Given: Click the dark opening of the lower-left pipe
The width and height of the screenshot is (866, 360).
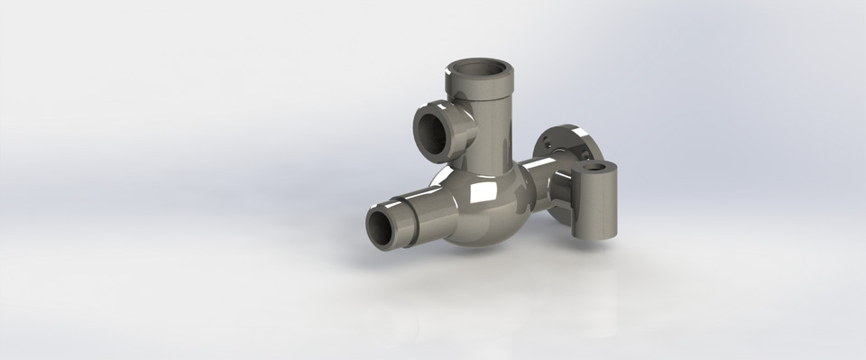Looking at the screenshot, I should [382, 228].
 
